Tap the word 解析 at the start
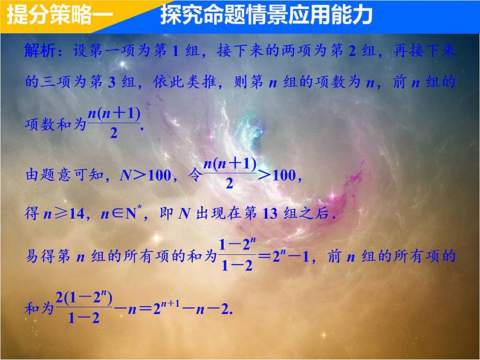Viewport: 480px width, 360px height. (x=39, y=50)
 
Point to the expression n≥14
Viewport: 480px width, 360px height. (x=63, y=215)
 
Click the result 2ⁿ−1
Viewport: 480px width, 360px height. (x=294, y=256)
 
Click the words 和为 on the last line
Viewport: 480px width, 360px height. (x=39, y=307)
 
